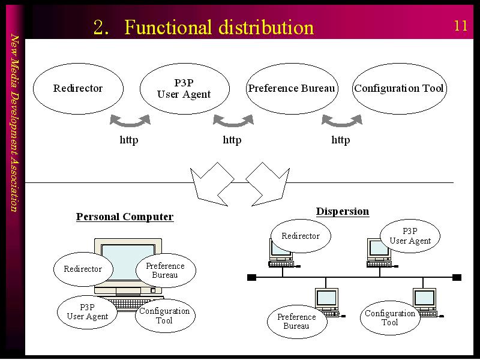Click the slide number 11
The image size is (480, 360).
pyautogui.click(x=461, y=26)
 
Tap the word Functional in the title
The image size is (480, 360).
pyautogui.click(x=168, y=27)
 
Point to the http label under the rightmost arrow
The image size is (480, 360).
pyautogui.click(x=341, y=140)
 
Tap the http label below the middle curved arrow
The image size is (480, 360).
pyautogui.click(x=232, y=140)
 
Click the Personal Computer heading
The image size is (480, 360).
pyautogui.click(x=125, y=217)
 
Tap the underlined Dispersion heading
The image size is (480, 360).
pyautogui.click(x=343, y=212)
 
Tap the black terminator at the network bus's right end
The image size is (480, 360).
pyautogui.click(x=457, y=277)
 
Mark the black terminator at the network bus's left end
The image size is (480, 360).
pyautogui.click(x=251, y=277)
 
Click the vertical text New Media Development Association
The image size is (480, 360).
pyautogui.click(x=14, y=123)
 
